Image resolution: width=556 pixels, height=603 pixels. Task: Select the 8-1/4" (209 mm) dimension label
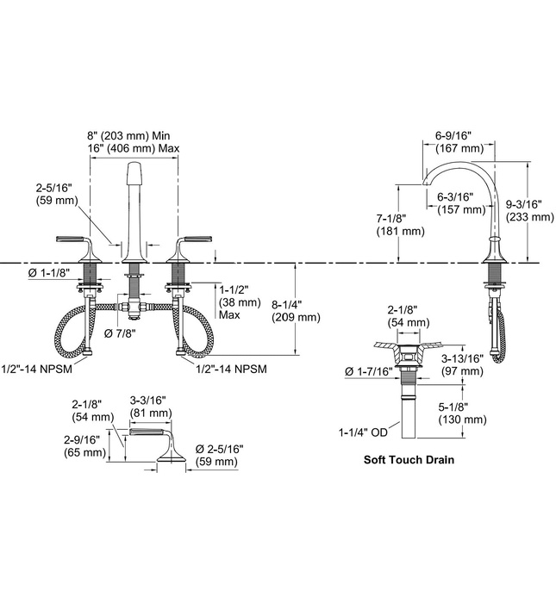(295, 310)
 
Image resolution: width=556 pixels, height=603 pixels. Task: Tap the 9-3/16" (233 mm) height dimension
(529, 211)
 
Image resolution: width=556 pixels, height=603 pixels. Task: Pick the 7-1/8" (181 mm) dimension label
(399, 224)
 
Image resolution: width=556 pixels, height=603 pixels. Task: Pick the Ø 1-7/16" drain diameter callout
(368, 370)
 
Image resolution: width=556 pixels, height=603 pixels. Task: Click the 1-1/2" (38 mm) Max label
(241, 302)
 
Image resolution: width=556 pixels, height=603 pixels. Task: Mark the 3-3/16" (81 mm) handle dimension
(147, 406)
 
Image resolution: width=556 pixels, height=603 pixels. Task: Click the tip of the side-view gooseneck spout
(423, 183)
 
